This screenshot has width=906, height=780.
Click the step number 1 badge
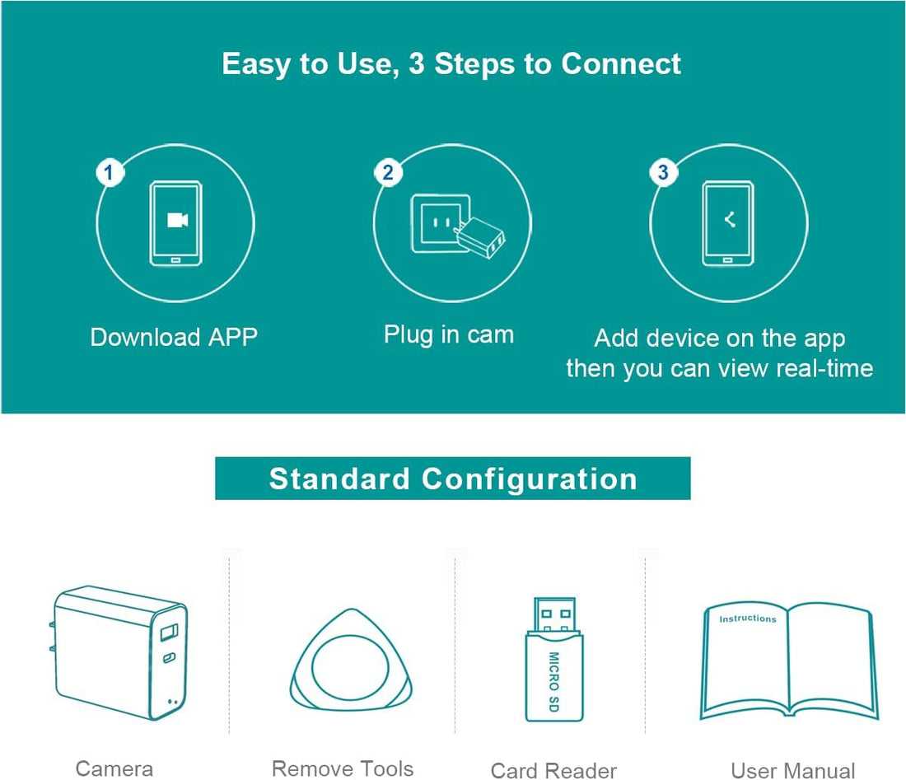click(x=109, y=172)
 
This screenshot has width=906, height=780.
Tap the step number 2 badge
click(x=388, y=172)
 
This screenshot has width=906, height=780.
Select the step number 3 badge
click(x=663, y=171)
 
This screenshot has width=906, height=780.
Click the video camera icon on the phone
click(x=177, y=220)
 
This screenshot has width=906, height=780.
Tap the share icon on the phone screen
click(x=730, y=219)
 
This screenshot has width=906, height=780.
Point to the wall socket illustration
click(x=440, y=223)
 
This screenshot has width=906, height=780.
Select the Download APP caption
click(x=174, y=337)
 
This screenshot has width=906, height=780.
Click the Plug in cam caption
click(x=449, y=334)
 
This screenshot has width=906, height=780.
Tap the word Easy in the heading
click(x=256, y=64)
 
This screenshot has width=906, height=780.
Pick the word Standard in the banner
click(x=339, y=479)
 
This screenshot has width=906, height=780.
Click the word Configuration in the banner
click(x=530, y=480)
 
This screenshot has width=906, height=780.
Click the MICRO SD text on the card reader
click(x=553, y=682)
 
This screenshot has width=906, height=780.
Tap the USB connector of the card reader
click(x=554, y=614)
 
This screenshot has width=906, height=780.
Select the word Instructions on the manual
click(x=748, y=619)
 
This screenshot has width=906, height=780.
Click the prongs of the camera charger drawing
click(x=52, y=636)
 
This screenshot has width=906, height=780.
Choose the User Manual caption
click(x=792, y=771)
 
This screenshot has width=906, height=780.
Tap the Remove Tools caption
click(x=343, y=769)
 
